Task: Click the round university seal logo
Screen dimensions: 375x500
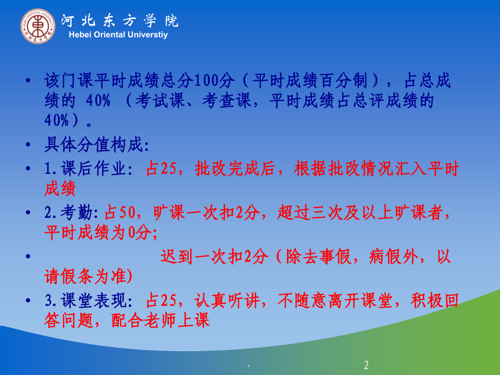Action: coord(38,27)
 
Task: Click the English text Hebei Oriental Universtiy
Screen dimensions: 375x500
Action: coord(119,35)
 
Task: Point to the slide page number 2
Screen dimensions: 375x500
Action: coord(366,365)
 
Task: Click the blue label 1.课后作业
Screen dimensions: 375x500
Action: coord(87,169)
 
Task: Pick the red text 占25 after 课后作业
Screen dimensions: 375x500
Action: coord(162,169)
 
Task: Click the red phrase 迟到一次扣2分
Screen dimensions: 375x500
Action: coord(214,256)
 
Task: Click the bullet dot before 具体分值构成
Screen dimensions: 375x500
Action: coord(28,146)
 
